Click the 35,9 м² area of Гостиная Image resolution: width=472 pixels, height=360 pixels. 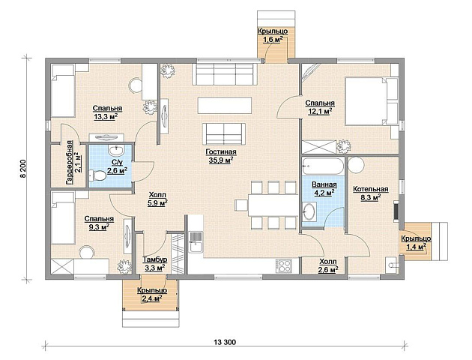221,160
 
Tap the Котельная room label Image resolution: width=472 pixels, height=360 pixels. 371,189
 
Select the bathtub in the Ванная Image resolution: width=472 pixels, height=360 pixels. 324,166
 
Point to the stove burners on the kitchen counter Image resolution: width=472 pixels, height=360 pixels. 283,265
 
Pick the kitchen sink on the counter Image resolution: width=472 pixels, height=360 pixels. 196,242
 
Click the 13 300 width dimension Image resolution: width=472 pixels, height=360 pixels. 225,342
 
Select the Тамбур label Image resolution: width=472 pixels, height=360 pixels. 155,259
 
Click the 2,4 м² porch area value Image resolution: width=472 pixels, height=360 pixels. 152,298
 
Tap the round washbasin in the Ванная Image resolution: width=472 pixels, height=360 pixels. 309,211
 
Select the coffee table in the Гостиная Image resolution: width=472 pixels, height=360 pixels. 225,105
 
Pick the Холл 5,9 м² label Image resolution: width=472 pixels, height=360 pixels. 157,199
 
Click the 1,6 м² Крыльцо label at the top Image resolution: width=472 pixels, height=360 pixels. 273,35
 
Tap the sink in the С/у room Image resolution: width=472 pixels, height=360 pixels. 116,150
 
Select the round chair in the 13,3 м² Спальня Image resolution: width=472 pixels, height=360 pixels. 136,85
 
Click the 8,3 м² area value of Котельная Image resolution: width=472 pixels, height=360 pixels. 371,197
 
